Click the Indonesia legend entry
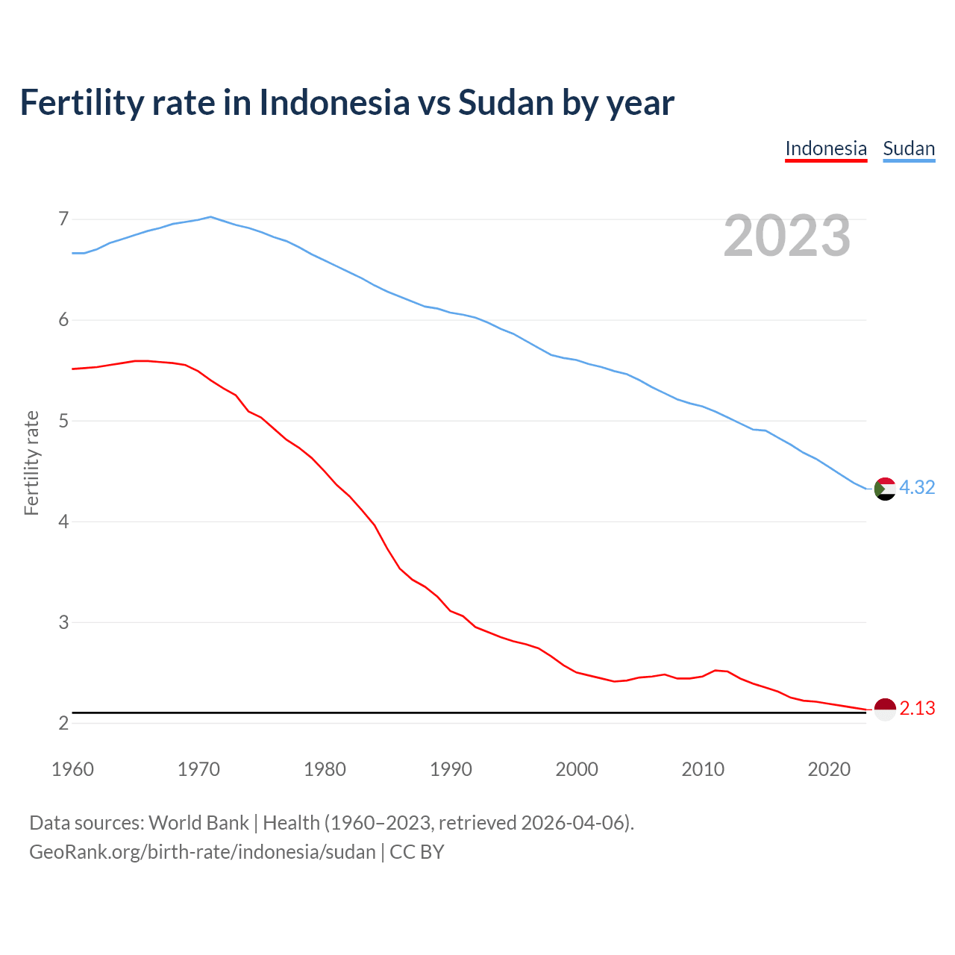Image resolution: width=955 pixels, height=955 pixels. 826,148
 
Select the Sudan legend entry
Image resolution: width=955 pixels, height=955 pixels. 909,148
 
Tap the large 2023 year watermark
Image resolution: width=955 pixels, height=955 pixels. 787,236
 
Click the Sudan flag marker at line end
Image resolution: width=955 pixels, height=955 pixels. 885,489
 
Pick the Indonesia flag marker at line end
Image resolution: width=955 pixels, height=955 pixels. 885,709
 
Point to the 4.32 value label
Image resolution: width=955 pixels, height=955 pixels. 917,487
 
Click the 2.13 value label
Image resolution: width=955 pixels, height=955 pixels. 917,708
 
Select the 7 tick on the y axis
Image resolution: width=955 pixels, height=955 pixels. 63,219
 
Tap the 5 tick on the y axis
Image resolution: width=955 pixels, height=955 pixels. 63,421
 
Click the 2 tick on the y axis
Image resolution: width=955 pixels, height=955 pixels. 63,723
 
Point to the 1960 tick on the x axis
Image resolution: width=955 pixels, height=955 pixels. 72,769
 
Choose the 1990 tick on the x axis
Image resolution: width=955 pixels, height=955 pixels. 451,769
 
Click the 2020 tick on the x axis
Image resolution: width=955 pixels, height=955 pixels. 829,769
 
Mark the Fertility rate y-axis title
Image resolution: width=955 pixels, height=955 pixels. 31,463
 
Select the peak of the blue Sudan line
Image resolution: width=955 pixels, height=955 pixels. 210,217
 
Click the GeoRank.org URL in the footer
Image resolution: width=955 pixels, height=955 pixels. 202,852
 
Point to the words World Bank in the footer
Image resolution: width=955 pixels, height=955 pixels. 198,823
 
